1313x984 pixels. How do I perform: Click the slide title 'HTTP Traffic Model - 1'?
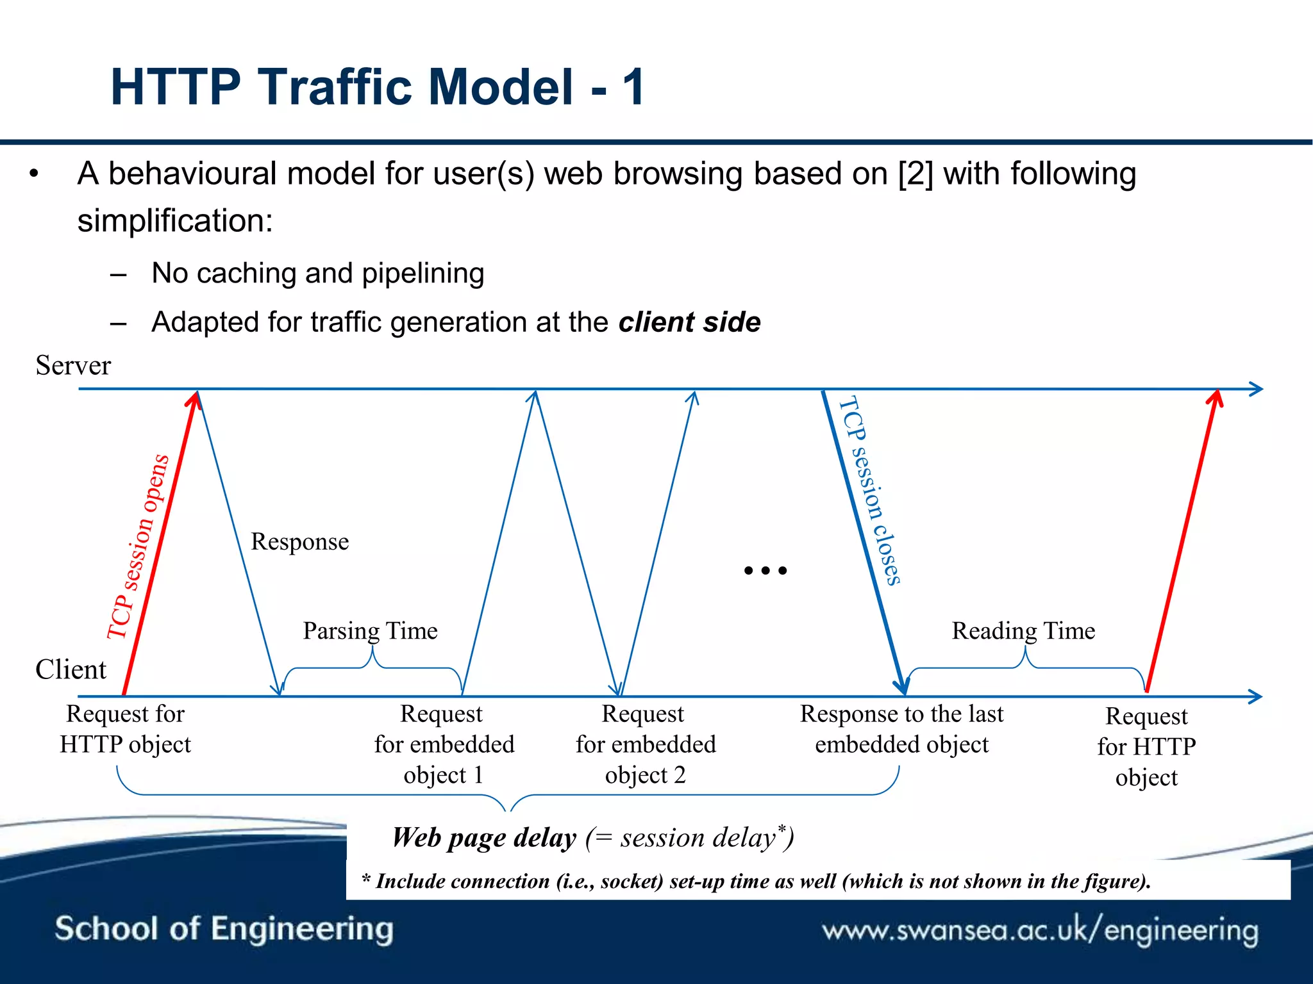[377, 87]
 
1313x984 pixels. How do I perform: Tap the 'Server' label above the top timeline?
[73, 366]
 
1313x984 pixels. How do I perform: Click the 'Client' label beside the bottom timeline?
[71, 669]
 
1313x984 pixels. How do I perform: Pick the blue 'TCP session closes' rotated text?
[871, 490]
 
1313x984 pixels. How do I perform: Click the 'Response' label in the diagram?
[299, 542]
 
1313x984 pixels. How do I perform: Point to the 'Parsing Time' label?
[370, 631]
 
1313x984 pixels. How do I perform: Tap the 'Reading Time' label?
[1023, 631]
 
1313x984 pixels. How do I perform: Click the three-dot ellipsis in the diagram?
[765, 570]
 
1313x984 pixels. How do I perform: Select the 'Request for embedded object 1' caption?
[444, 744]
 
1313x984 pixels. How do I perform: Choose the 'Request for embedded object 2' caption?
[645, 744]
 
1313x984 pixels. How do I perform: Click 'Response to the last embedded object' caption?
[901, 729]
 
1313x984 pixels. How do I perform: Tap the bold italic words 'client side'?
[689, 322]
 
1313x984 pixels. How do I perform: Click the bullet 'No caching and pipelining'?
[317, 274]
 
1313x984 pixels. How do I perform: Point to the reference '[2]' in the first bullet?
[916, 174]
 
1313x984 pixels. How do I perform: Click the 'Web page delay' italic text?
[484, 838]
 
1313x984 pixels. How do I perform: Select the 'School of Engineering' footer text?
[224, 929]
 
